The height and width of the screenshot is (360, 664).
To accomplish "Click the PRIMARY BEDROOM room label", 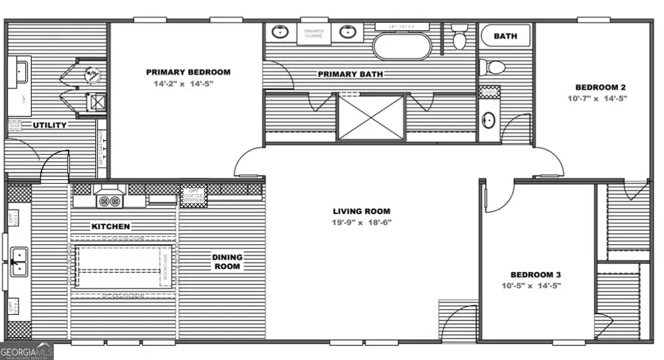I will (x=187, y=72).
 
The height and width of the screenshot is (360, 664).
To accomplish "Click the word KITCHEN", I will (x=111, y=226).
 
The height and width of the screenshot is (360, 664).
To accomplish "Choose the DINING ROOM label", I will (x=227, y=262).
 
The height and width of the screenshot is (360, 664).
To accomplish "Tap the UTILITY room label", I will (x=50, y=125).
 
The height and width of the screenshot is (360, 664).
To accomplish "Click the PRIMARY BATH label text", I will (x=348, y=74).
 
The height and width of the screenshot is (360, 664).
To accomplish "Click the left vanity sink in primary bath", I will (x=280, y=32).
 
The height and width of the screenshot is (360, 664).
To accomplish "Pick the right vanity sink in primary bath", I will (x=346, y=32).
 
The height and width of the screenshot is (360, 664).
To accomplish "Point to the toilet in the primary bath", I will (x=459, y=37).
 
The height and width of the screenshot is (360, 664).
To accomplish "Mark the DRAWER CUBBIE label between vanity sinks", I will (x=314, y=33).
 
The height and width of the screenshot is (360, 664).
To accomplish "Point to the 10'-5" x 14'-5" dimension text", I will (x=531, y=285).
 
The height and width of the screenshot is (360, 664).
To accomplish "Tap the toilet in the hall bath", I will (x=493, y=68).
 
